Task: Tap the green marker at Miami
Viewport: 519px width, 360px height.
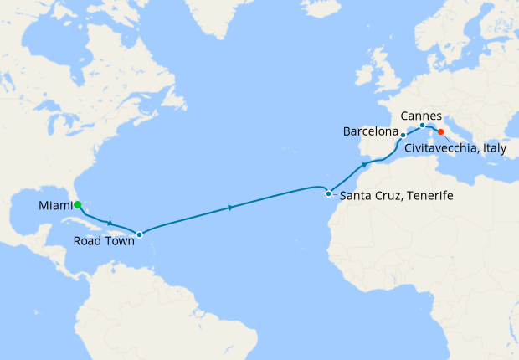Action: click(77, 203)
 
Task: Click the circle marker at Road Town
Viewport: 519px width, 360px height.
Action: click(140, 234)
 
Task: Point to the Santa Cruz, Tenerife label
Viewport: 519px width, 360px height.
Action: click(388, 195)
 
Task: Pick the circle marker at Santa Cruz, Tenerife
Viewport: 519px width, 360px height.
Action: click(329, 193)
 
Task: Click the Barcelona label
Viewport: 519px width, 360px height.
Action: click(371, 131)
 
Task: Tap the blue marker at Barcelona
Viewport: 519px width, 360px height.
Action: click(403, 135)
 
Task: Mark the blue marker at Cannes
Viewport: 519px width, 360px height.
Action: click(422, 126)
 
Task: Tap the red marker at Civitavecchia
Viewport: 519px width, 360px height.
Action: click(441, 131)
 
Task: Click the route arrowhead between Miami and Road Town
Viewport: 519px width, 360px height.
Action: click(110, 223)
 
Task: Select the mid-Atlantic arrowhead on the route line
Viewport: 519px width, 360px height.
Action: click(229, 207)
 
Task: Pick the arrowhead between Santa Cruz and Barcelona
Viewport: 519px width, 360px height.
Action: click(365, 165)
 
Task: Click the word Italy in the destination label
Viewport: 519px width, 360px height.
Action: click(499, 147)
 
